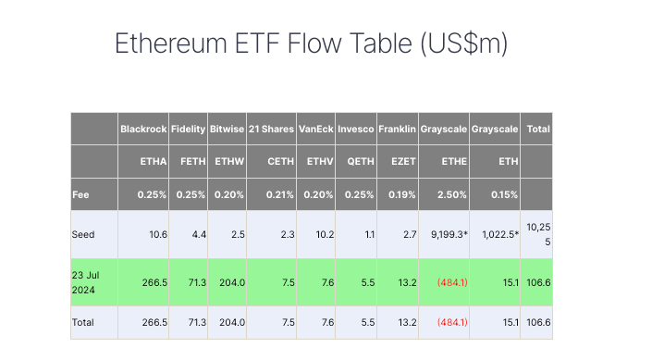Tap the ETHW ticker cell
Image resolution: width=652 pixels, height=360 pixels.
pos(228,161)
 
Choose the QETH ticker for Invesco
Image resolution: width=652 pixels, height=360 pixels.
pos(356,161)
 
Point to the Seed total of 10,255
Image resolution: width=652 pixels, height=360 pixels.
pos(537,234)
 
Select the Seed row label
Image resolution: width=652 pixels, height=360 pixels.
pos(84,235)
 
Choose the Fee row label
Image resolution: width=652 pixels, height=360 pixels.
pos(81,194)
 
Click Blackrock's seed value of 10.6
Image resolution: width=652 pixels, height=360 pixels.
pos(157,235)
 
